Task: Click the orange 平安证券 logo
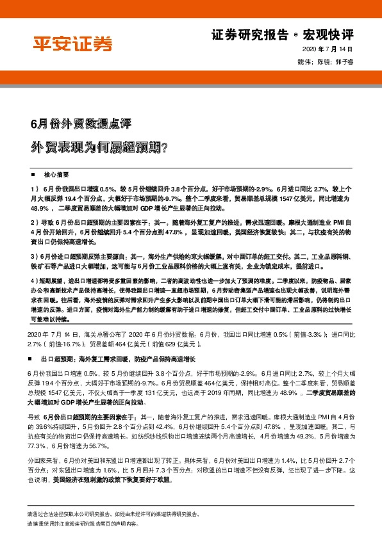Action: (72, 44)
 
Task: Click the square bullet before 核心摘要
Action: (33, 174)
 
